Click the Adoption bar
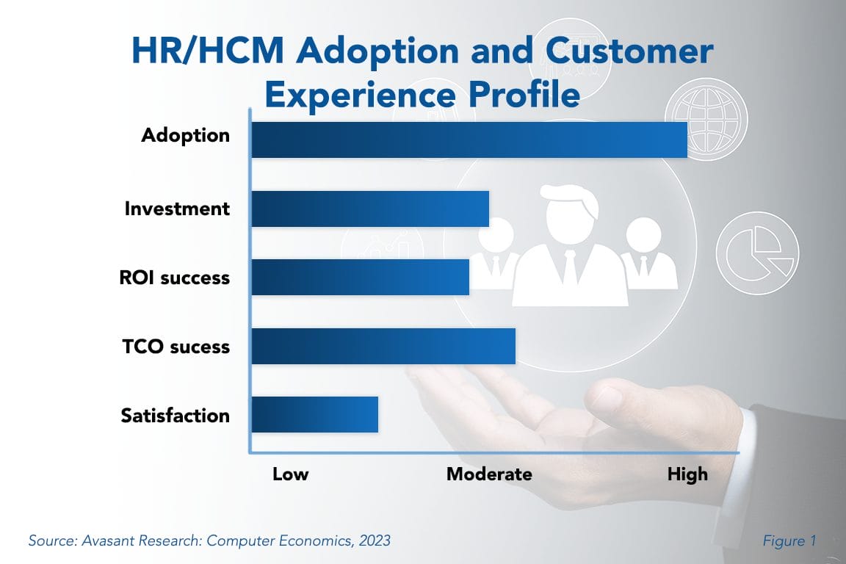click(469, 140)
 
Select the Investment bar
click(370, 209)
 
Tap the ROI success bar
click(360, 277)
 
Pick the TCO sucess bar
click(383, 346)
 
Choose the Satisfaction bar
click(314, 414)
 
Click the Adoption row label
click(185, 136)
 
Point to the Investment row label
click(177, 209)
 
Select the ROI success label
click(174, 278)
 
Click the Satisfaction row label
click(175, 416)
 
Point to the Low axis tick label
click(290, 474)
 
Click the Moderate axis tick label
click(489, 474)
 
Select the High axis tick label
click(687, 474)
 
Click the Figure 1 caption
click(788, 541)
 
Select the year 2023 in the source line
click(372, 541)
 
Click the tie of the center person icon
click(569, 267)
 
